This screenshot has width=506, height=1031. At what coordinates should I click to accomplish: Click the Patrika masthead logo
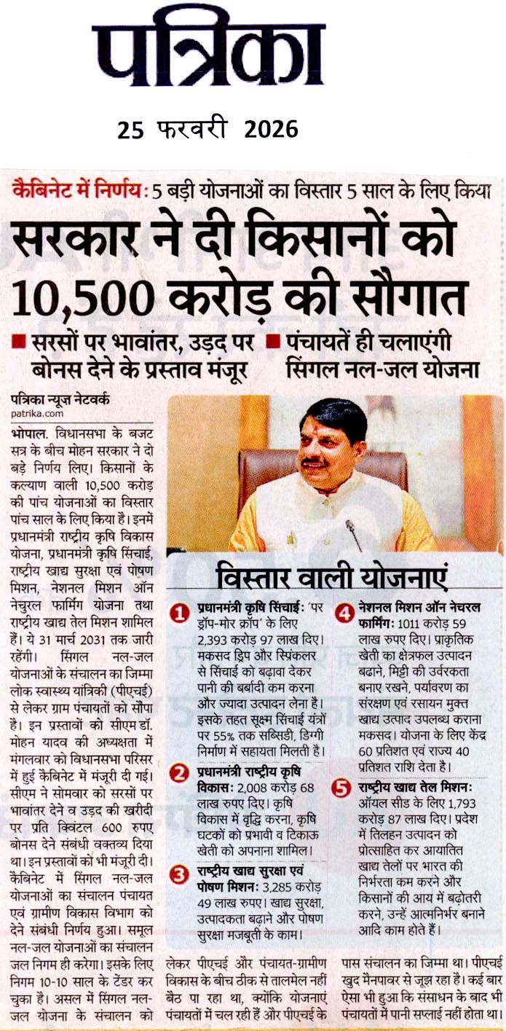point(207,51)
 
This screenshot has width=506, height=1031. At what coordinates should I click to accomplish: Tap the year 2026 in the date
point(271,130)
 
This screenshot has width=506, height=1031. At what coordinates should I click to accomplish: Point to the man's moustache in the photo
point(314,460)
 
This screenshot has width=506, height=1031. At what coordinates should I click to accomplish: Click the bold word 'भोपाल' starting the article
point(25,432)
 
